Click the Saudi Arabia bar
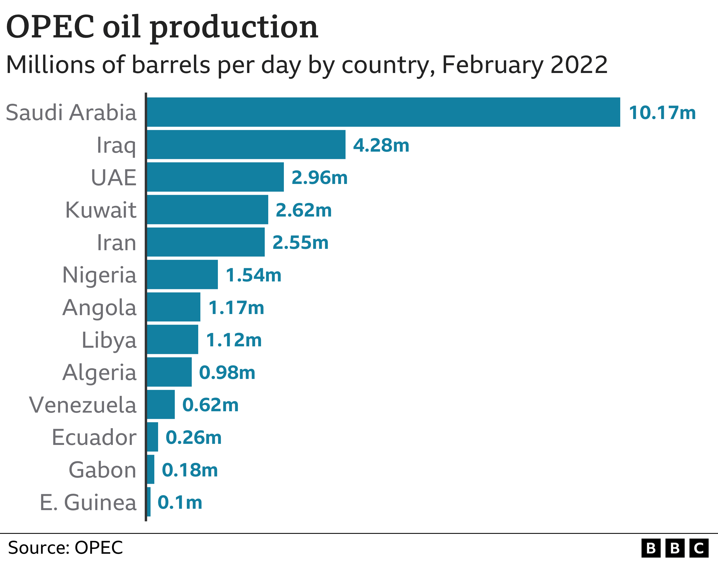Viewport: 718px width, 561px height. click(x=383, y=112)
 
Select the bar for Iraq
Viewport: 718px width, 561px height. click(x=246, y=144)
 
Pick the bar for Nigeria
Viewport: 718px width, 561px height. click(x=182, y=275)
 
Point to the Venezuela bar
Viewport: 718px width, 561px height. click(x=161, y=405)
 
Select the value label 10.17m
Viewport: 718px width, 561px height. click(x=662, y=113)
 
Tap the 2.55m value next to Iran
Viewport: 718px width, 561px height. click(x=300, y=243)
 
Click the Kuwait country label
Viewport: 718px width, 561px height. click(x=101, y=210)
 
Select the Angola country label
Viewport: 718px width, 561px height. click(x=99, y=308)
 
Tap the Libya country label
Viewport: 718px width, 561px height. click(x=109, y=340)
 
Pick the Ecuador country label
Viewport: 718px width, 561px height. click(x=94, y=437)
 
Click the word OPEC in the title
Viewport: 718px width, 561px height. click(x=50, y=27)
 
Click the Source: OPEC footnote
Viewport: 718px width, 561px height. click(x=65, y=548)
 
